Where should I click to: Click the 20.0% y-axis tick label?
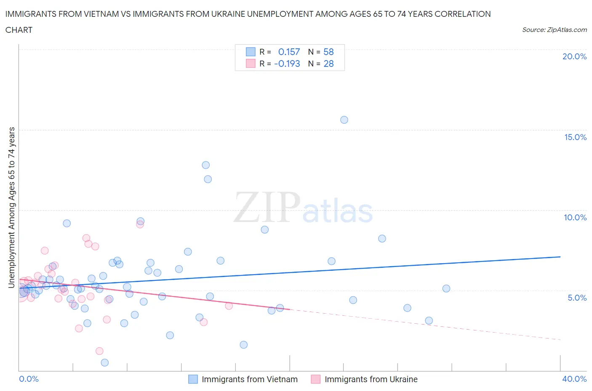click(574, 56)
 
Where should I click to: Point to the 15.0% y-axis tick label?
click(575, 137)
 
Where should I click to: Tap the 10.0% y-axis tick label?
click(575, 217)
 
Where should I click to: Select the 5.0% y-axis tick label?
click(577, 298)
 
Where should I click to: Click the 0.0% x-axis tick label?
click(29, 379)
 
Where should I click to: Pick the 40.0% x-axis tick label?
click(574, 379)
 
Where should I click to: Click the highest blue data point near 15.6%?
click(344, 120)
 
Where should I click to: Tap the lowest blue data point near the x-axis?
click(105, 362)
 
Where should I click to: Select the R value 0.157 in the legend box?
click(289, 52)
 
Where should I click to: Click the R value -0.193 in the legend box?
click(287, 63)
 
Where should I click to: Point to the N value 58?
click(328, 52)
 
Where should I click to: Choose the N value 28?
click(328, 63)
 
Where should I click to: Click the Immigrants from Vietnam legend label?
click(250, 379)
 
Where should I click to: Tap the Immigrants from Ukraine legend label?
click(371, 379)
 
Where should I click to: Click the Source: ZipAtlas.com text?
click(554, 30)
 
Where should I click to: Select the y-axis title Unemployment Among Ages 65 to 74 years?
click(11, 207)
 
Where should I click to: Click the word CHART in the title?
click(19, 30)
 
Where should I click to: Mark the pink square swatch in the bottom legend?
click(316, 379)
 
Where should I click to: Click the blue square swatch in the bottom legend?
click(193, 379)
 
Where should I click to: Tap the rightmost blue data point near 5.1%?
click(446, 288)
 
